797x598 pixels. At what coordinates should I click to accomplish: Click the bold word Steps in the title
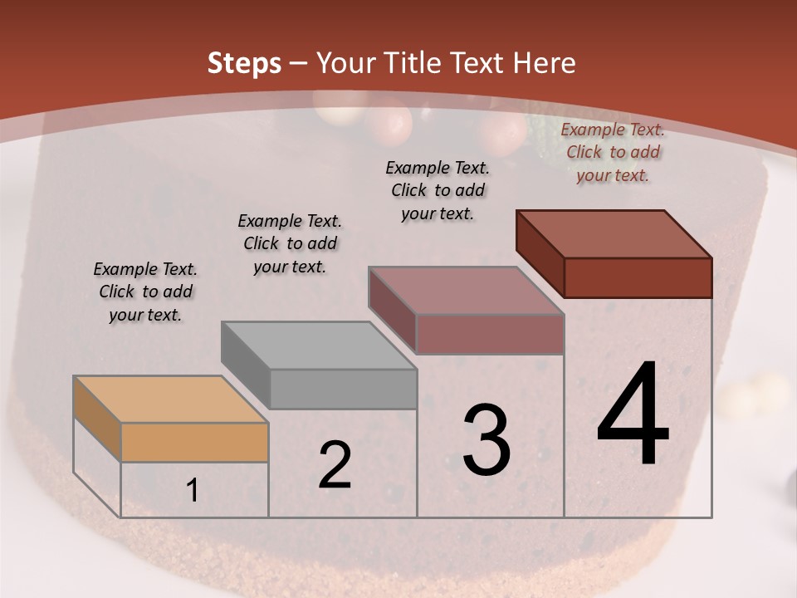click(244, 63)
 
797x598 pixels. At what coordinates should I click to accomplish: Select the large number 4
click(633, 415)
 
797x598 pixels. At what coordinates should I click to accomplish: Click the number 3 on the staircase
click(487, 440)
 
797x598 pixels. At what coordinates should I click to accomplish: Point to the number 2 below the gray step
click(335, 465)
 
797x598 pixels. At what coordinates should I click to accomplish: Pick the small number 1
click(193, 491)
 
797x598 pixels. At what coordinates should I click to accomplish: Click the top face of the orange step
click(171, 399)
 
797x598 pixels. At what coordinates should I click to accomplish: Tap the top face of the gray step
click(319, 345)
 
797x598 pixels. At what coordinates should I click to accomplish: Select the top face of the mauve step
click(467, 290)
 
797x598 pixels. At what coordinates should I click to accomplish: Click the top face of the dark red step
click(614, 233)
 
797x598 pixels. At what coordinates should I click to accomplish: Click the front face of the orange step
click(194, 442)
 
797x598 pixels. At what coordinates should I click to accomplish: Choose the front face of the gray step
click(343, 388)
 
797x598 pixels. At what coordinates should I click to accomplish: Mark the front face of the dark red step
click(638, 277)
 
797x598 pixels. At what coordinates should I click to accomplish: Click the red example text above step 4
click(613, 152)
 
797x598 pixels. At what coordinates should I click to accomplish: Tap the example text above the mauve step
click(438, 190)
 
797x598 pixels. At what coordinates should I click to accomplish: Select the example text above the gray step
click(290, 243)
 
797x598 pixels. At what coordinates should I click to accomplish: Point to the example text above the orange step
click(145, 292)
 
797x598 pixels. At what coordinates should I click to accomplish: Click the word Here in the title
click(545, 63)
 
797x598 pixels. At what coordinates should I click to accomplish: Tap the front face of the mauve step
click(490, 334)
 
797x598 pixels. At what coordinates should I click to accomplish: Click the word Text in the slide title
click(479, 63)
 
